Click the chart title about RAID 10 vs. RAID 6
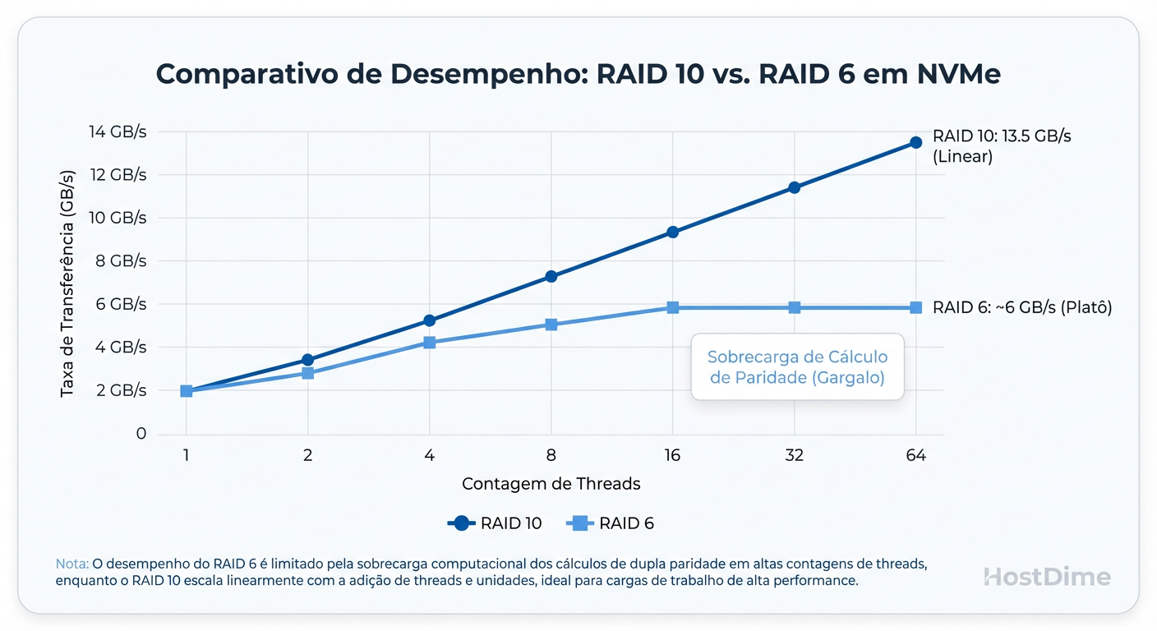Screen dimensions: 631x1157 pyautogui.click(x=578, y=74)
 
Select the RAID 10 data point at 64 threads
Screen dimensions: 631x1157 pyautogui.click(x=915, y=143)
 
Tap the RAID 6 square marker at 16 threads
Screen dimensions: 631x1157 pyautogui.click(x=672, y=307)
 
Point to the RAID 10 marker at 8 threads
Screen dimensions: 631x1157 pyautogui.click(x=551, y=276)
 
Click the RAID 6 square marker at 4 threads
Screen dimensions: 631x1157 pyautogui.click(x=429, y=342)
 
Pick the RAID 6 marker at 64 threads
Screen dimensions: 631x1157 pyautogui.click(x=915, y=307)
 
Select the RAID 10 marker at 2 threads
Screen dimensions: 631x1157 pyautogui.click(x=307, y=360)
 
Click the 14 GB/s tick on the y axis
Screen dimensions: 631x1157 pyautogui.click(x=117, y=131)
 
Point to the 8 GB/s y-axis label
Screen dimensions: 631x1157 pyautogui.click(x=120, y=260)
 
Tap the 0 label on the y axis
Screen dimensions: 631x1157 pyautogui.click(x=141, y=433)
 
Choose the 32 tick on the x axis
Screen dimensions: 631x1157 pyautogui.click(x=794, y=455)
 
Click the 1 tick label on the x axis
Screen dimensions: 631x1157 pyautogui.click(x=187, y=455)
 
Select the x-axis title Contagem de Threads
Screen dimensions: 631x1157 pyautogui.click(x=551, y=484)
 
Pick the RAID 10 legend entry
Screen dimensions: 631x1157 pyautogui.click(x=495, y=523)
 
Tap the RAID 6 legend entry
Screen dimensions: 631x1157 pyautogui.click(x=610, y=523)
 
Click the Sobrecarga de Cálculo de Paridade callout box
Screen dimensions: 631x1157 pyautogui.click(x=797, y=367)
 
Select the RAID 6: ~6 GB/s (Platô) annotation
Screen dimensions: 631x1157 pyautogui.click(x=1021, y=307)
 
